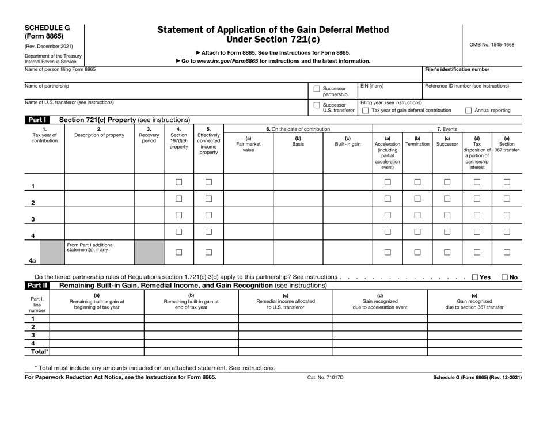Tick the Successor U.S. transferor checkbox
click(317, 106)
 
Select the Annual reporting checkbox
click(468, 110)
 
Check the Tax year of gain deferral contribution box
click(365, 110)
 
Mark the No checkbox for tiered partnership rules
click(505, 277)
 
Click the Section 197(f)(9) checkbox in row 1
click(178, 183)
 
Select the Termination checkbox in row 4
click(417, 231)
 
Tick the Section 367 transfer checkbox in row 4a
click(507, 252)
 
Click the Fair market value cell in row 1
click(248, 183)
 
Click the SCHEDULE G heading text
click(47, 27)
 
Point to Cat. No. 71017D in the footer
click(326, 377)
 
